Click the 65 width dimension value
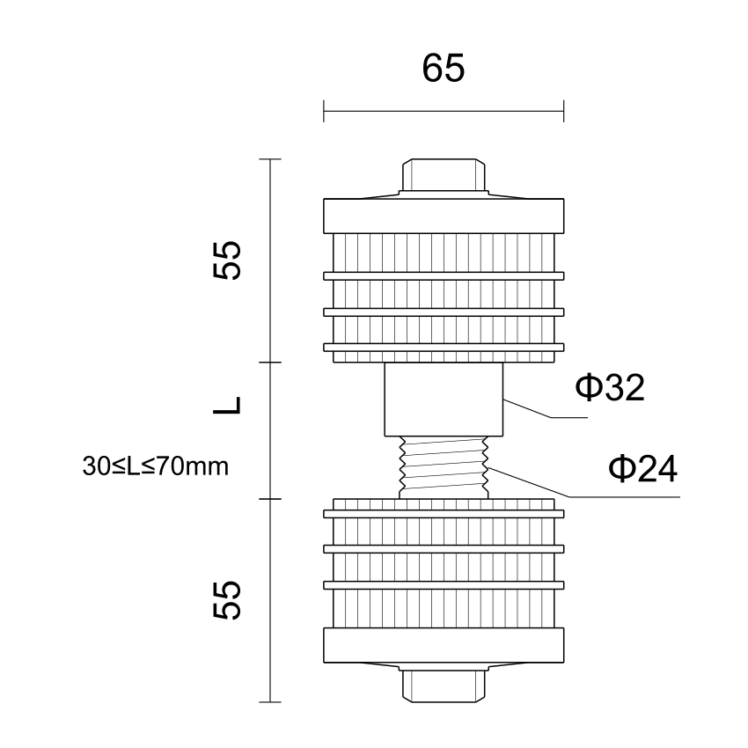point(444,69)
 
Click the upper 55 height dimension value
point(227,260)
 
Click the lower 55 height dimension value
point(227,600)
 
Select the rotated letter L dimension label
point(227,405)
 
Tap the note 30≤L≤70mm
point(156,466)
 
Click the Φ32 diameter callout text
point(610,387)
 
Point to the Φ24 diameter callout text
point(642,468)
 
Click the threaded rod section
point(444,467)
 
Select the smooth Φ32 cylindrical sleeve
point(444,400)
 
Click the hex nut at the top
point(444,174)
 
